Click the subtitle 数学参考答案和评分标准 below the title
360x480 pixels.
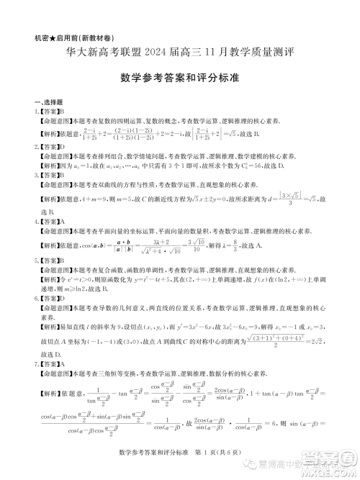point(179,77)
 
